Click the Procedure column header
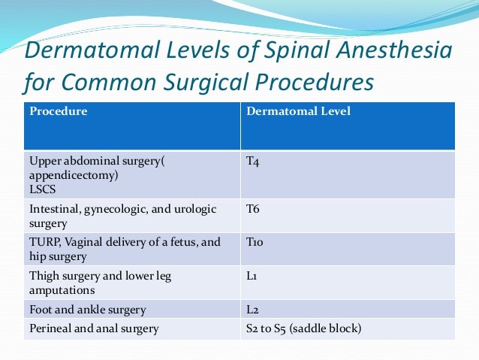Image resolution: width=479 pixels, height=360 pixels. click(x=59, y=112)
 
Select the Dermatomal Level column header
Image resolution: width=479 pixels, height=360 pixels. click(x=298, y=112)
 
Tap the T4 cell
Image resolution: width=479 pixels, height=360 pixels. click(x=253, y=161)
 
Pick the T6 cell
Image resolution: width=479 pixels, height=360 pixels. click(x=253, y=209)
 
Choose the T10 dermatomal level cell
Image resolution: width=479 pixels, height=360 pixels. click(x=255, y=243)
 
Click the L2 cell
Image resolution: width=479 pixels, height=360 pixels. click(x=252, y=310)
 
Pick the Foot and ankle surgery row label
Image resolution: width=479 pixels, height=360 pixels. click(x=87, y=310)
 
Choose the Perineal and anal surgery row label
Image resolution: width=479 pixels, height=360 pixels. click(x=93, y=328)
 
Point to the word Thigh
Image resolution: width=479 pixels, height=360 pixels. click(x=44, y=277)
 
